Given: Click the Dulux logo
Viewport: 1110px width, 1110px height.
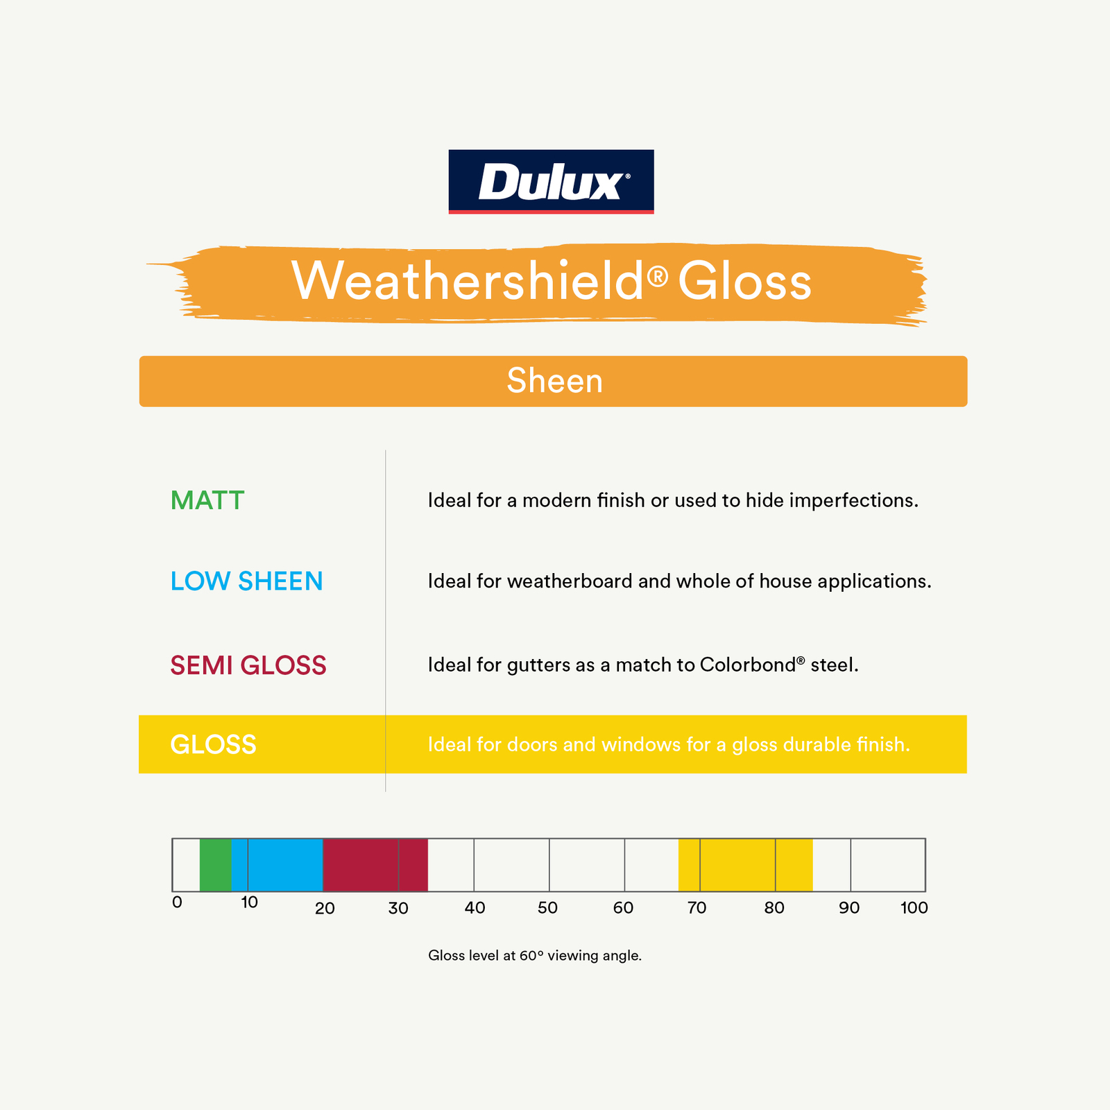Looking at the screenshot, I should pyautogui.click(x=551, y=182).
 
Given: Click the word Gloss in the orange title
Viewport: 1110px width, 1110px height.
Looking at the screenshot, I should pyautogui.click(x=744, y=281).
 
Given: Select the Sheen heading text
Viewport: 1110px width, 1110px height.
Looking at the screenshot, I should pyautogui.click(x=554, y=381).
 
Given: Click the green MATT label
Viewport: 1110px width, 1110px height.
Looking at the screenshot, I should pyautogui.click(x=207, y=500).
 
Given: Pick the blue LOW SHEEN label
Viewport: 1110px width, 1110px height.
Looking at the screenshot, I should pyautogui.click(x=246, y=581).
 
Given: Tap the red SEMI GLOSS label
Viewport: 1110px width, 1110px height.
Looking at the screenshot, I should pyautogui.click(x=248, y=665).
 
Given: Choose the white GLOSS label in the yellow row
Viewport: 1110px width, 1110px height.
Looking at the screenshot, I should pyautogui.click(x=213, y=744).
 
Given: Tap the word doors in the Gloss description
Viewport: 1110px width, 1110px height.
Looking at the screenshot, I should pyautogui.click(x=532, y=744).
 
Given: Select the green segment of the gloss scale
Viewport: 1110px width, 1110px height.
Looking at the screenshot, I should pyautogui.click(x=215, y=864).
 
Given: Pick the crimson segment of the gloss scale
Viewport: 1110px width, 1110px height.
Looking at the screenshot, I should pyautogui.click(x=375, y=864).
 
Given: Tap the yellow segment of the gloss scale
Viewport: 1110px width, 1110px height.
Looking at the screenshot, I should pyautogui.click(x=745, y=864).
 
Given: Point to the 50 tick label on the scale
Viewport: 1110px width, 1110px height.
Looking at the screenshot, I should pyautogui.click(x=547, y=907).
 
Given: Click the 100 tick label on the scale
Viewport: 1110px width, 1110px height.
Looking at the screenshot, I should pyautogui.click(x=914, y=907).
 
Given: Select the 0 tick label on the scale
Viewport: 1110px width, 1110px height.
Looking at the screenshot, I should pyautogui.click(x=177, y=903).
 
